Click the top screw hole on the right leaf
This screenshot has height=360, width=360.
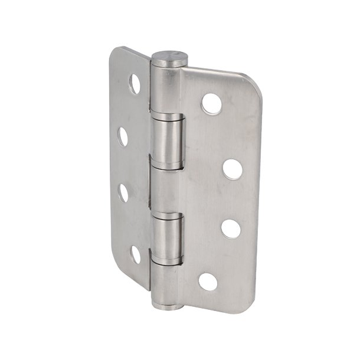211,104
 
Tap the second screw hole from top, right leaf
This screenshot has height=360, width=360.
233,168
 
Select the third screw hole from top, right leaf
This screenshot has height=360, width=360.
231,229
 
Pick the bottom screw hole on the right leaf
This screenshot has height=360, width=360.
208,282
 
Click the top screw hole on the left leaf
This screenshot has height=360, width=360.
135,84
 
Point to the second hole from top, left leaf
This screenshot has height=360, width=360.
123,136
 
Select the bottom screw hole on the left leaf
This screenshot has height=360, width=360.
136,254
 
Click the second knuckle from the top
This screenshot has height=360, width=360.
168,138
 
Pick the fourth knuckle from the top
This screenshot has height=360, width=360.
166,238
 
